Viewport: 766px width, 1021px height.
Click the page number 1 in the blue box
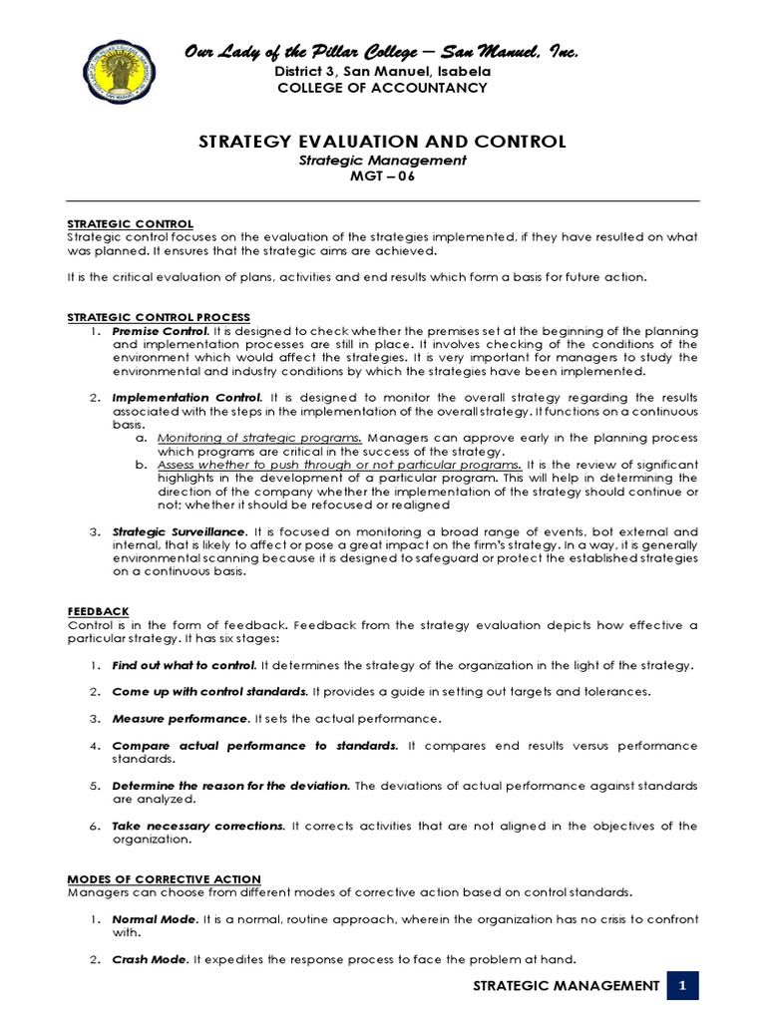(684, 986)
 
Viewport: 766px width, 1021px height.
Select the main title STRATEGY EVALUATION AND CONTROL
(383, 142)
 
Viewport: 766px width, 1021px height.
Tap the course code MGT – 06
(383, 176)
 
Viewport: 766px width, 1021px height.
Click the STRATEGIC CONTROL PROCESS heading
(159, 317)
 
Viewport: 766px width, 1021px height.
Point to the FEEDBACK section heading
(98, 611)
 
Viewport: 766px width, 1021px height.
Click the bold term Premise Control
(161, 331)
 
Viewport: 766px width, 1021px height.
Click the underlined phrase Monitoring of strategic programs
(260, 438)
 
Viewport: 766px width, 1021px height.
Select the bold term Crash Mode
(150, 959)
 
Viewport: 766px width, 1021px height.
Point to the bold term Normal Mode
(154, 918)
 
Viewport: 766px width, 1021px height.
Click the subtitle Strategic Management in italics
(383, 160)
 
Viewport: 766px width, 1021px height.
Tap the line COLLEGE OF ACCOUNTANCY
(383, 88)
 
